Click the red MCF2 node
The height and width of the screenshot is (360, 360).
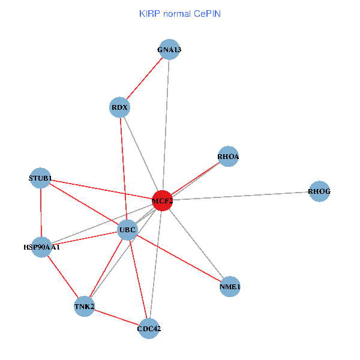[162, 200]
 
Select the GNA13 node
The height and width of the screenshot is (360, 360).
[169, 50]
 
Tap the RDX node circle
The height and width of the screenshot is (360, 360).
[121, 108]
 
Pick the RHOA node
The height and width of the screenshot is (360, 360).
[228, 157]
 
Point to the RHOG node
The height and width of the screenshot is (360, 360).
[319, 192]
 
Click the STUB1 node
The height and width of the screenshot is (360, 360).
[40, 178]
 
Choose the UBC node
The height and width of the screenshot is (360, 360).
[128, 230]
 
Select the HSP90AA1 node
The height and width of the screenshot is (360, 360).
[41, 247]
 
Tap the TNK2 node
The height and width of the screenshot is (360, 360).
[84, 307]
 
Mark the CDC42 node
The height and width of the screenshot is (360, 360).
[149, 328]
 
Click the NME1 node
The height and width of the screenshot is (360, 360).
[230, 287]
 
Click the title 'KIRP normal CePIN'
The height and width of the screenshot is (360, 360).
[180, 13]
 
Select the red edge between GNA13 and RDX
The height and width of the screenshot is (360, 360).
[145, 79]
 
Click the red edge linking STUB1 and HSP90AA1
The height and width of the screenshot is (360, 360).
[41, 212]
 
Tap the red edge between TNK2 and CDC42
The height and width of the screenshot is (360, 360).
[116, 317]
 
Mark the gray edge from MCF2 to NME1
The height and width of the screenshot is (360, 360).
[196, 244]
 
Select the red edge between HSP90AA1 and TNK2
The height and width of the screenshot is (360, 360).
[62, 277]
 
